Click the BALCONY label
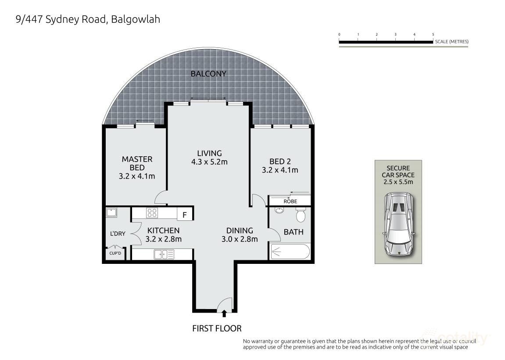[208, 74]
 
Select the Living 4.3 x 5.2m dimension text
[209, 162]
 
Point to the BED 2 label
[280, 161]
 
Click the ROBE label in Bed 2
[290, 202]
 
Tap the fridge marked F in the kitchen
[185, 214]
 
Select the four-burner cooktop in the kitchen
[152, 213]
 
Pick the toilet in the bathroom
[301, 215]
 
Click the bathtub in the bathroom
[290, 252]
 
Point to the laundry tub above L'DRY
[111, 213]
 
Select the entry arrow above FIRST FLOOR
[224, 313]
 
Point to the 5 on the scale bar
[433, 34]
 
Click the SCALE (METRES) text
[451, 42]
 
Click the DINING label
[240, 230]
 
